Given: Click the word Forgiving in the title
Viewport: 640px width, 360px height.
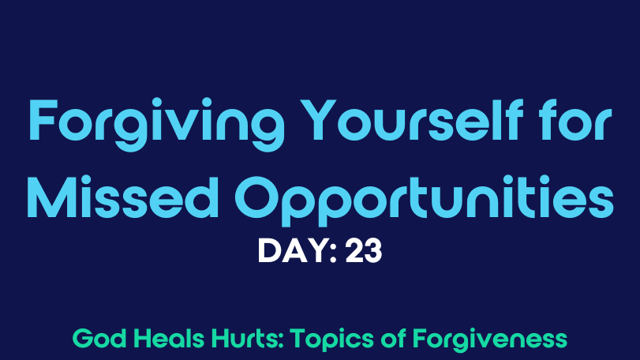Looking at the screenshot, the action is coord(157,124).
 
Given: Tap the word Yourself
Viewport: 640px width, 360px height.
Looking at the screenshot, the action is coord(414,119).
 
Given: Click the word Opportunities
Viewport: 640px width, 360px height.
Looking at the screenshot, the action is coord(425,200).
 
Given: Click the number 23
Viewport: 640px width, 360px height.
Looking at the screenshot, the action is coord(364,251).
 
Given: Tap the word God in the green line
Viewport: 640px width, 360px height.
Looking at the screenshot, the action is coord(99,339).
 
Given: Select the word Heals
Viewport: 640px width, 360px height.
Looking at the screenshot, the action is coord(169,339).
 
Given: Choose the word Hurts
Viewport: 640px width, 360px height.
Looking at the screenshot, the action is coord(247,339).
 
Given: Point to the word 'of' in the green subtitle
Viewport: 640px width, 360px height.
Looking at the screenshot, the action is coord(393,339).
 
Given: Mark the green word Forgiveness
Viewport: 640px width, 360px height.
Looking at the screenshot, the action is coord(490,340).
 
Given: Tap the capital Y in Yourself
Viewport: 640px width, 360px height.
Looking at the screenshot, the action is coord(319,119).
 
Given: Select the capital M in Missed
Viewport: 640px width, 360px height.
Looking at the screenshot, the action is coord(52,197).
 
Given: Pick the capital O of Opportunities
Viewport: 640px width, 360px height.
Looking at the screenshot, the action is coord(258,197).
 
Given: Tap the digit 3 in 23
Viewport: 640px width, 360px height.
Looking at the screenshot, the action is coord(373,251).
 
